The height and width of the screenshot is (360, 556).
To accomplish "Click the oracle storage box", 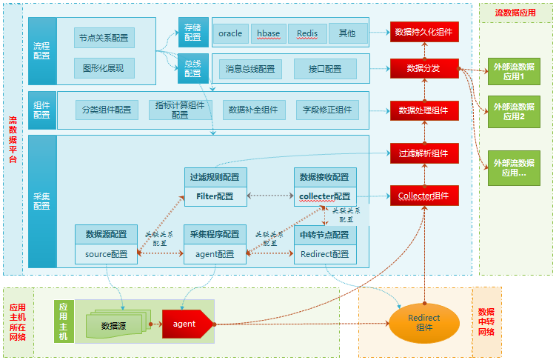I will pyautogui.click(x=230, y=33).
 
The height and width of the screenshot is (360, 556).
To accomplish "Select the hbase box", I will pyautogui.click(x=269, y=33).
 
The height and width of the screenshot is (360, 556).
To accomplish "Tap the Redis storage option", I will pyautogui.click(x=307, y=33).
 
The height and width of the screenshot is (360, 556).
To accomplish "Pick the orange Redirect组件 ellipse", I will pyautogui.click(x=423, y=323).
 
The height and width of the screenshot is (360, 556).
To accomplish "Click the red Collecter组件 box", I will pyautogui.click(x=424, y=196).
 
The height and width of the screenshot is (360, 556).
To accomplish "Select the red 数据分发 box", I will pyautogui.click(x=424, y=68).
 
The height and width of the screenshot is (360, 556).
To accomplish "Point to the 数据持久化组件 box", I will pyautogui.click(x=424, y=32).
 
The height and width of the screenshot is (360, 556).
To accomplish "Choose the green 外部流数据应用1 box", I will pyautogui.click(x=513, y=71).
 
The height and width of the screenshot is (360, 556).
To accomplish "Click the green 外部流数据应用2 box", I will pyautogui.click(x=513, y=111).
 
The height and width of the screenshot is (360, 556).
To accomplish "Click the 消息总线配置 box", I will pyautogui.click(x=250, y=69).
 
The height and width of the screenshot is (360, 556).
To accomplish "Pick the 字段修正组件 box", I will pyautogui.click(x=327, y=110).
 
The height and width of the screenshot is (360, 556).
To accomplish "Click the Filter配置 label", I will pyautogui.click(x=215, y=196).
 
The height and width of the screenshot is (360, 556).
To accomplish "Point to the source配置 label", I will pyautogui.click(x=106, y=254).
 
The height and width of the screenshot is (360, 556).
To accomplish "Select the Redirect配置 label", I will pyautogui.click(x=325, y=254).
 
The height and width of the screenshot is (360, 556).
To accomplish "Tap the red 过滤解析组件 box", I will pyautogui.click(x=424, y=153).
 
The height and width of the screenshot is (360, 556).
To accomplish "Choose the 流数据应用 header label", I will pyautogui.click(x=516, y=12).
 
